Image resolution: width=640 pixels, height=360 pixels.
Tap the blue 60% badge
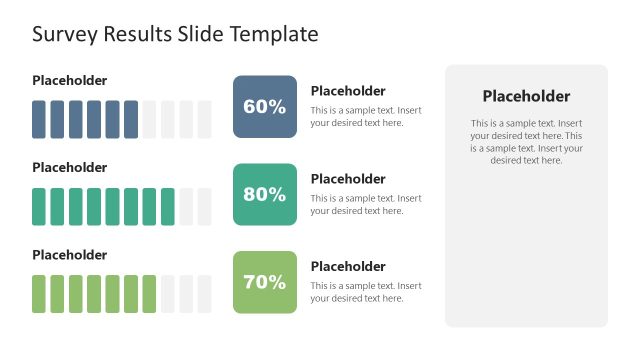tap(265, 107)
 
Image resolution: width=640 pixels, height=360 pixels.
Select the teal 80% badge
tap(265, 194)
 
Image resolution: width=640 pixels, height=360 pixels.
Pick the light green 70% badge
tap(265, 282)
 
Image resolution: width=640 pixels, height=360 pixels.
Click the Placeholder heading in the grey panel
tap(526, 97)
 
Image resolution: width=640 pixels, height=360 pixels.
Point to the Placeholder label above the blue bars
tap(69, 80)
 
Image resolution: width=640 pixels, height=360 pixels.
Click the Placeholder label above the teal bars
tap(69, 167)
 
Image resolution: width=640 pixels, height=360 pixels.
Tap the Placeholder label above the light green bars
tap(69, 255)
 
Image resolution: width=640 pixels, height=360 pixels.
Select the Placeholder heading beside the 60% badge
tap(348, 91)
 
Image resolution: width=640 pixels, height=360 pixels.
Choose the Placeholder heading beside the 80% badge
tap(348, 179)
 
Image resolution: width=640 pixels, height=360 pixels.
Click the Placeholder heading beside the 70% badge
tap(348, 266)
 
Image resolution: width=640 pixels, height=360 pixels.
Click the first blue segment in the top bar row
tap(39, 119)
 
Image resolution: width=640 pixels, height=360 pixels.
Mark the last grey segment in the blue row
tap(204, 119)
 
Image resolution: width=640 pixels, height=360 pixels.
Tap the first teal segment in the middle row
tap(39, 206)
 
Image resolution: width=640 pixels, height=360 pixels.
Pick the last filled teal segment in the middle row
tap(167, 206)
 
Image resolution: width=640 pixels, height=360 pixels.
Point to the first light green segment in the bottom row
tap(39, 294)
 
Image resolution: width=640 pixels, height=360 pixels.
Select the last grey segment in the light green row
tap(204, 294)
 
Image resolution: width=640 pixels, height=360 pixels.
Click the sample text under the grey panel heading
tap(526, 142)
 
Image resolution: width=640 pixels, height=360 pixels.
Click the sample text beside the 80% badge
tap(366, 204)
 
